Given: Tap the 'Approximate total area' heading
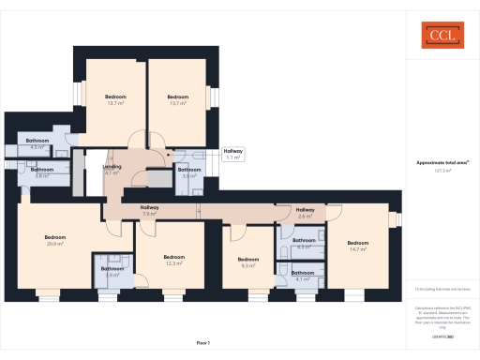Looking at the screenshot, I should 441,162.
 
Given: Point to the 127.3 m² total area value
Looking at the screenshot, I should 442,171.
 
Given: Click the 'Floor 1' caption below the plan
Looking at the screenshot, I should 202,344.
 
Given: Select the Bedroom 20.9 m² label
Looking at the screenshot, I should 55,240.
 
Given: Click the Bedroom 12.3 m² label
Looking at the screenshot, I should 173,260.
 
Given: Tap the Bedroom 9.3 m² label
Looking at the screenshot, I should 247,262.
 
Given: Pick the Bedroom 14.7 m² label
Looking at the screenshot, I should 358,246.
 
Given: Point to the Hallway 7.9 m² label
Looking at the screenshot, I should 149,210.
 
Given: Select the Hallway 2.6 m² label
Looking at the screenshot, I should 306,212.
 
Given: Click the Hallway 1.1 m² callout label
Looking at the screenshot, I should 233,154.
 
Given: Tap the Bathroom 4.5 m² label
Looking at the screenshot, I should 38,143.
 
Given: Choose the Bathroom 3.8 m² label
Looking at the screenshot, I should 42,172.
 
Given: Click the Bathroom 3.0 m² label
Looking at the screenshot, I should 189,172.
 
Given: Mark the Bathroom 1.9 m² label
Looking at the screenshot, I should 112,272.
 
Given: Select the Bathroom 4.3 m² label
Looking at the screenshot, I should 303,247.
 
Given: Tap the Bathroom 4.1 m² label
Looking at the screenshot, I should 303,276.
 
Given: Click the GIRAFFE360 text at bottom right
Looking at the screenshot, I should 442,336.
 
